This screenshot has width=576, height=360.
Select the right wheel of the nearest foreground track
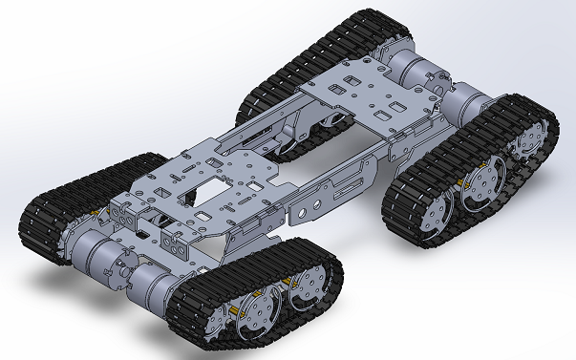pyautogui.click(x=309, y=286)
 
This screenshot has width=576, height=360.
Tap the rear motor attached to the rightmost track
pyautogui.click(x=468, y=99)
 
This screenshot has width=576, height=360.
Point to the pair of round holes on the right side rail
pyautogui.click(x=309, y=205)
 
